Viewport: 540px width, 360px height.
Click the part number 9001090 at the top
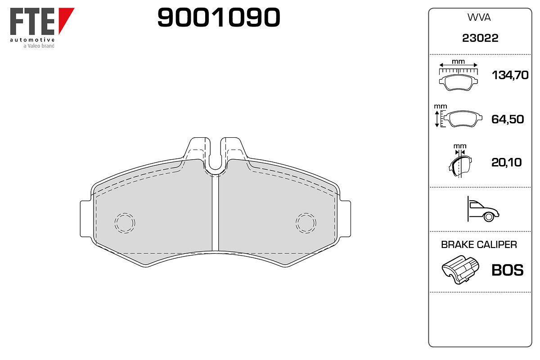[219, 17]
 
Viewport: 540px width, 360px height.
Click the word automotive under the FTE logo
[32, 40]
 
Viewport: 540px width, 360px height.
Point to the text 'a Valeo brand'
[39, 46]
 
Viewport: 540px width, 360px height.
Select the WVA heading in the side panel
[479, 18]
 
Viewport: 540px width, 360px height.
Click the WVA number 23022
[480, 38]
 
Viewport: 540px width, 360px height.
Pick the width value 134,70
[510, 75]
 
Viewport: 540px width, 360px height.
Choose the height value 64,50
[508, 119]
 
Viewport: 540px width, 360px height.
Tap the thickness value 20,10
[507, 162]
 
